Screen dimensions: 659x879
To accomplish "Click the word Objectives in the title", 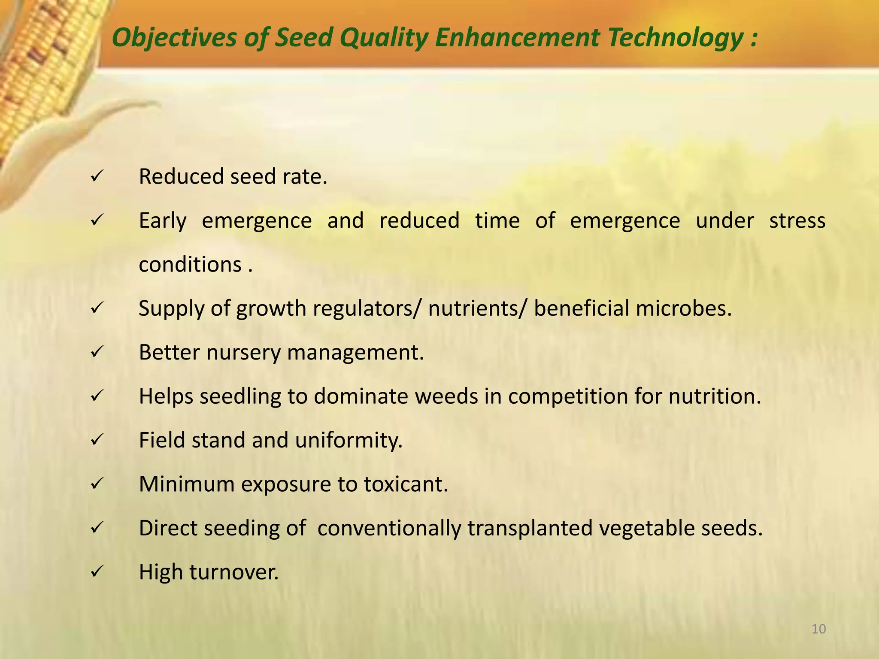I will [174, 38].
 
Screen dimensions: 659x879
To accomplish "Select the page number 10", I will [819, 629].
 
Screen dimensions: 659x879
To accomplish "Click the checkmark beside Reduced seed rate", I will [96, 176].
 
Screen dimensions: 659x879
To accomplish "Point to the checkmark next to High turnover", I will [96, 571].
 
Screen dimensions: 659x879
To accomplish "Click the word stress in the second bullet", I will [797, 221].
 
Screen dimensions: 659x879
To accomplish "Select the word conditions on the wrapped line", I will [190, 264].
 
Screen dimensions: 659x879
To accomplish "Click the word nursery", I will [243, 353].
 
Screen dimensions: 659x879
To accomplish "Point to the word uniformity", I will [349, 440].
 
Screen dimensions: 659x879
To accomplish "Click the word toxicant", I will [406, 484].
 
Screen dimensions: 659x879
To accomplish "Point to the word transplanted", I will [530, 528].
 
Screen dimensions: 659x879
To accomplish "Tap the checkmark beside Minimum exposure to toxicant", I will [96, 484].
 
